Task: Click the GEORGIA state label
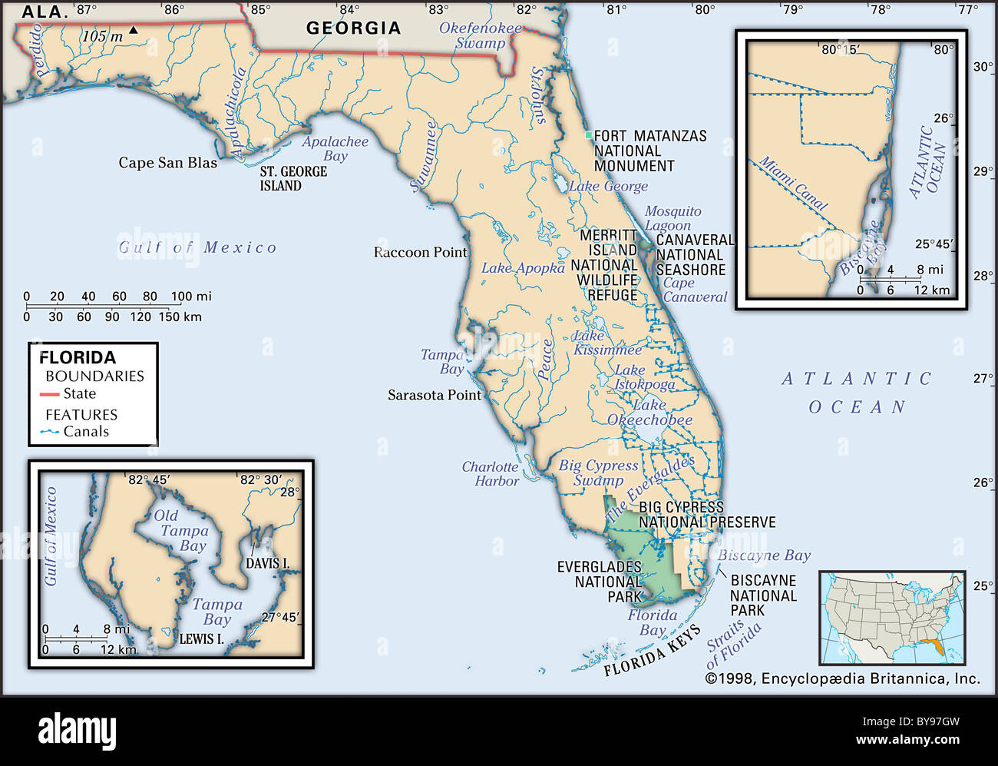tap(353, 28)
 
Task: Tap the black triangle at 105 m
tap(134, 30)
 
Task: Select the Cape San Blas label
tap(167, 162)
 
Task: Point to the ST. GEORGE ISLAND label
tap(292, 178)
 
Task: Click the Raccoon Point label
tap(420, 252)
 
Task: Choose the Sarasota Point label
tap(434, 395)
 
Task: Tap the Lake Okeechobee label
tap(649, 413)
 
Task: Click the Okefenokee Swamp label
tap(480, 35)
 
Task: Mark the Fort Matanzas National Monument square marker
tap(589, 135)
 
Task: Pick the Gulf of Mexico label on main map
tap(197, 247)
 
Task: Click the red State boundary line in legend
tap(50, 394)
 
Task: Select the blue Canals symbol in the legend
tap(50, 432)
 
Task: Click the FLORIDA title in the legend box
tap(78, 357)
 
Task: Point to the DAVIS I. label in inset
tap(267, 563)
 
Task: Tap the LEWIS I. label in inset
tap(201, 638)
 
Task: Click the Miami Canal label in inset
tap(794, 184)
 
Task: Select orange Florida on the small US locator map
tap(934, 648)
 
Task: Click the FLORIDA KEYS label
tap(652, 652)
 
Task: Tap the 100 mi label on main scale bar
tap(191, 297)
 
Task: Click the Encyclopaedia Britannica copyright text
tap(842, 678)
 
